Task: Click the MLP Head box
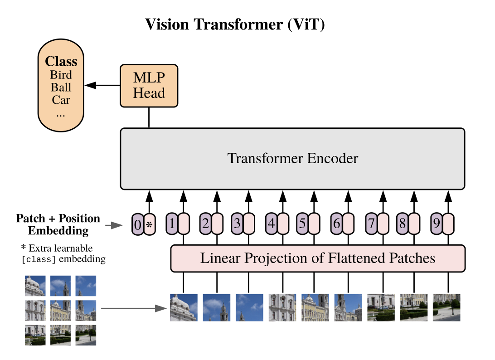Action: click(149, 86)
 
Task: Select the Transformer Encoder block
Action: click(292, 159)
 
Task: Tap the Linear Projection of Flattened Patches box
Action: click(318, 258)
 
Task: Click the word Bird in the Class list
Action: click(61, 75)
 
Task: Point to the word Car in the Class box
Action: click(61, 100)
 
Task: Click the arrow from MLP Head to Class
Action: click(102, 85)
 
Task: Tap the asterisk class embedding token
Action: click(149, 224)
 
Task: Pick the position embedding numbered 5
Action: click(302, 224)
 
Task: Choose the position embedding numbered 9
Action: click(437, 224)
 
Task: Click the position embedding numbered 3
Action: click(237, 224)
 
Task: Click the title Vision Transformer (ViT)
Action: click(235, 24)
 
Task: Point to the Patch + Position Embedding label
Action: click(58, 224)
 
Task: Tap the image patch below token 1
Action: click(184, 307)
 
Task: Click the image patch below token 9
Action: click(446, 307)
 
